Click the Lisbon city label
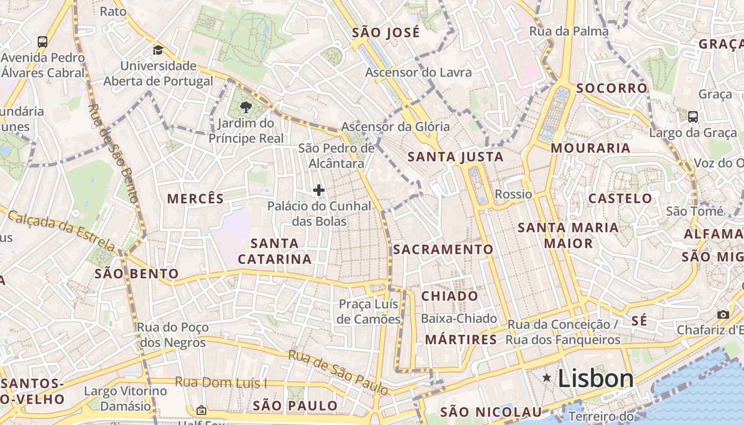coord(595,378)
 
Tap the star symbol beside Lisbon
coord(546,377)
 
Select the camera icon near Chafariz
coord(723,314)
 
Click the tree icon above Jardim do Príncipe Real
coord(246,108)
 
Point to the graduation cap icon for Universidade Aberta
coord(158,50)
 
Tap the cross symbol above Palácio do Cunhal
coord(319,190)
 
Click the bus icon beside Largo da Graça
coord(692,116)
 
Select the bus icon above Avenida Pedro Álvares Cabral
coord(43,41)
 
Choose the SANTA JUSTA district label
coord(455,157)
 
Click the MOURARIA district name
coord(590,148)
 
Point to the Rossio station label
coord(513,194)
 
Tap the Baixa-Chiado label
coord(459,319)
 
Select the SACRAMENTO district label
coord(443,249)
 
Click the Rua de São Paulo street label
coord(339,372)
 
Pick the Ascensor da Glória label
coord(395,126)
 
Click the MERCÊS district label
coord(196,199)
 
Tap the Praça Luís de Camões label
coord(369,311)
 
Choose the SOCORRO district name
coord(612,88)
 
